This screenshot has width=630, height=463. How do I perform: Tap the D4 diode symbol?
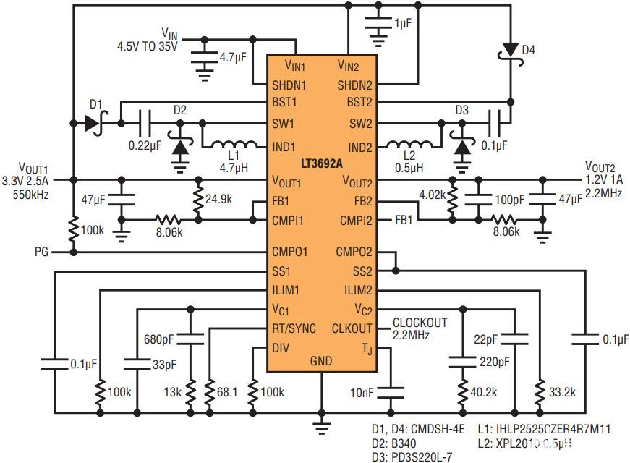pos(510,50)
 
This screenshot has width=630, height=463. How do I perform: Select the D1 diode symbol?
pos(92,123)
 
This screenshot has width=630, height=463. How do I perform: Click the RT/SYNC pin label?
pos(294,328)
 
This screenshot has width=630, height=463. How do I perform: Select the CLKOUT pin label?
pos(352,328)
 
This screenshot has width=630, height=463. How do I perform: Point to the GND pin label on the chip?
pos(321,360)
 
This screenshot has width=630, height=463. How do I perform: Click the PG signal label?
pos(42,252)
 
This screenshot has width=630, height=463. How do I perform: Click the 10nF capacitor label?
pos(362,392)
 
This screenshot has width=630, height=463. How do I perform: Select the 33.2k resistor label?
pos(561,392)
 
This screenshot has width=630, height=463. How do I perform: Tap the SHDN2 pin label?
pos(354,85)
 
